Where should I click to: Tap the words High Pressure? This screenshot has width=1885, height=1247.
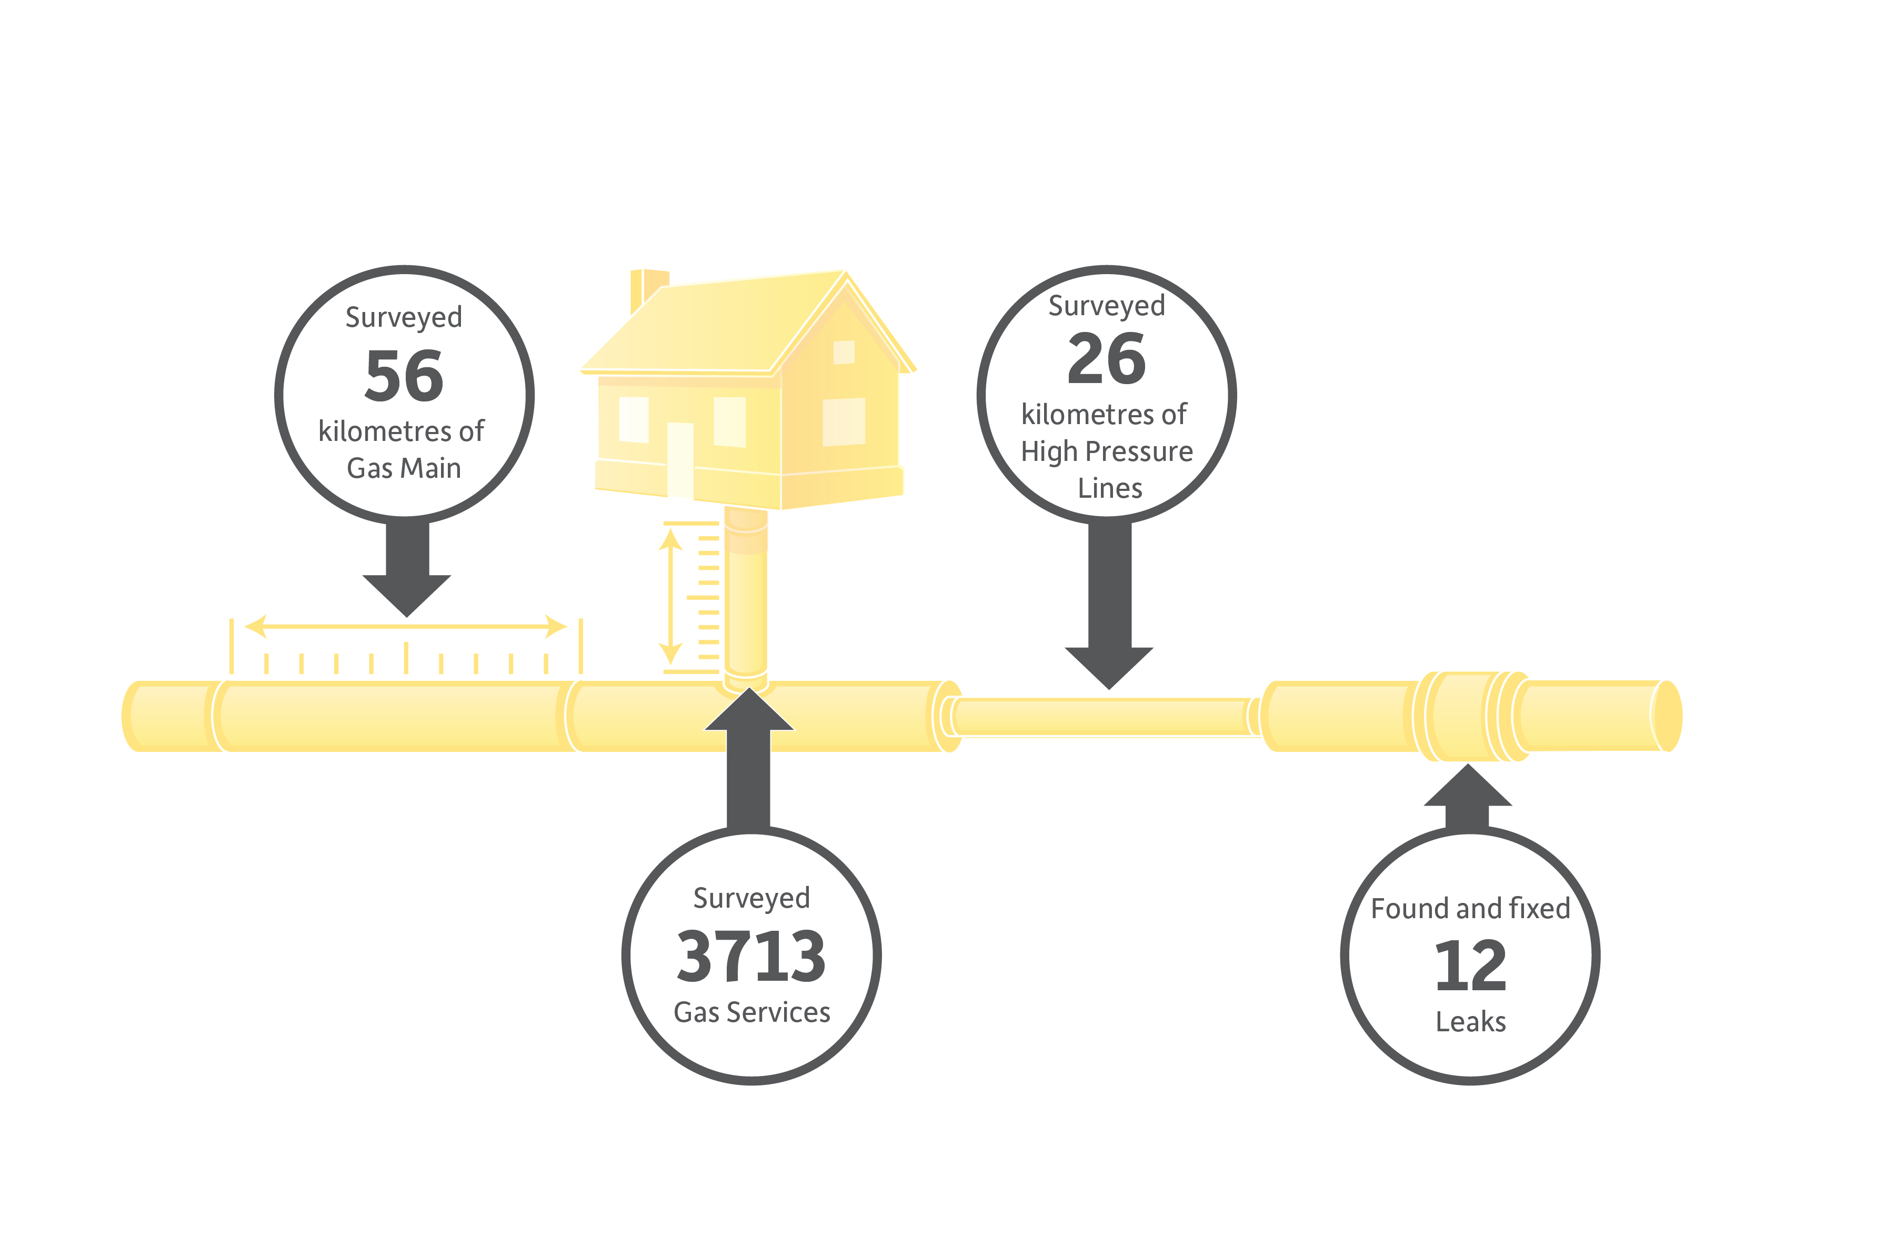[x=1106, y=452]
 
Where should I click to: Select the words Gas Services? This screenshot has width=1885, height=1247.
[x=751, y=1012]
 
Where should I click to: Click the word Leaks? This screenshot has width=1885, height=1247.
[x=1471, y=1021]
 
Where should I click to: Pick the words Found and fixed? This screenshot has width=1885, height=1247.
[x=1471, y=908]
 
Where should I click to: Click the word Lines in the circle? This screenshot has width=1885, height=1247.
[x=1109, y=488]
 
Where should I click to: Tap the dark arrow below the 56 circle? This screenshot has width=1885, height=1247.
[x=406, y=569]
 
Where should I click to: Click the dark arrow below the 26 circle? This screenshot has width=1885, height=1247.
[x=1109, y=606]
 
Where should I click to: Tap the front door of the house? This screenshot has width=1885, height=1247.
[x=680, y=460]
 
